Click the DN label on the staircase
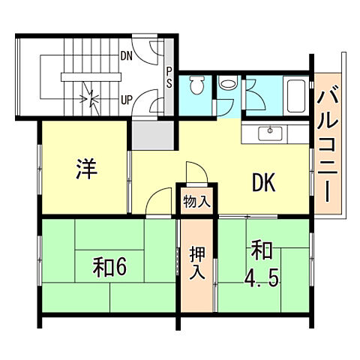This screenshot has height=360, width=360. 127,55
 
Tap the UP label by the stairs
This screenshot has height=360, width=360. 127,99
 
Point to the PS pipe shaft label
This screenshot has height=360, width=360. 169,77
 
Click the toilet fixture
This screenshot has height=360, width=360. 197,85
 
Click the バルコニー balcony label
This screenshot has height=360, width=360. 326,146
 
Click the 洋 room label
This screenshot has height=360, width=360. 85,169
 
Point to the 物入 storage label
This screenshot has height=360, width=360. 196,201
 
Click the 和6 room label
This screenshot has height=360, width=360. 109,266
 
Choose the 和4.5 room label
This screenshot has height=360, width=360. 262,264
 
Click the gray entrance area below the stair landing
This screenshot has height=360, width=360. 152,136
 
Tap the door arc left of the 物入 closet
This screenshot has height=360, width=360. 160,202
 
